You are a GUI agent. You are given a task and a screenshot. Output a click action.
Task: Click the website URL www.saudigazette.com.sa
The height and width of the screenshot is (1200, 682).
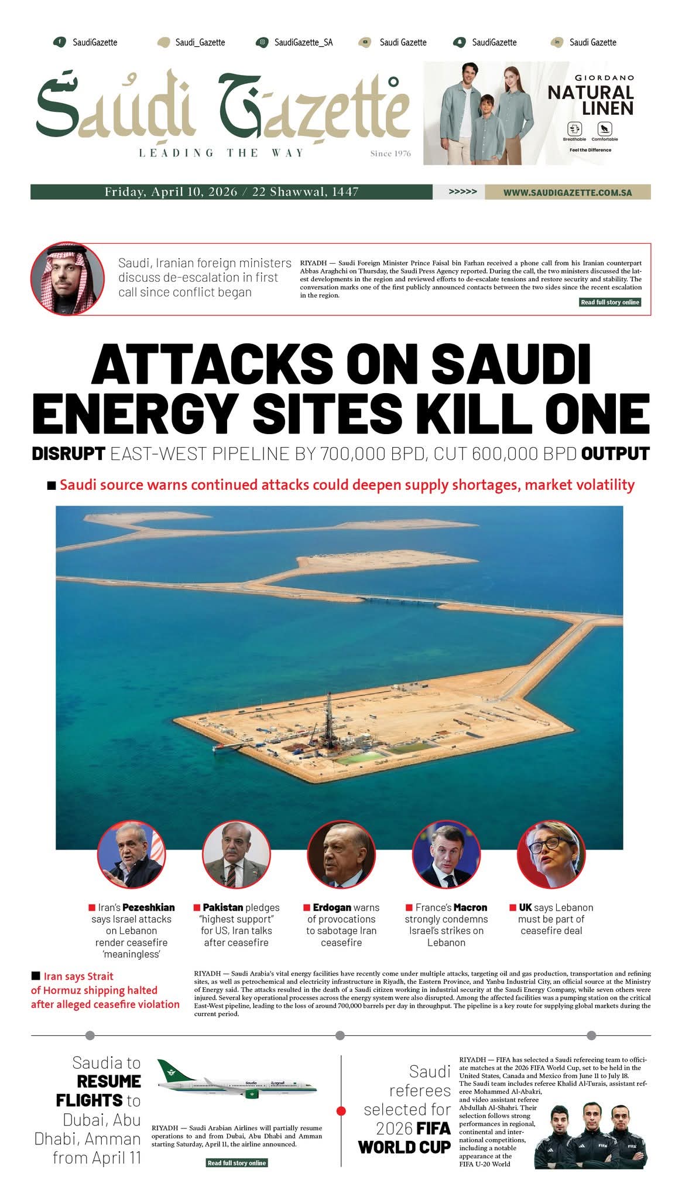[567, 192]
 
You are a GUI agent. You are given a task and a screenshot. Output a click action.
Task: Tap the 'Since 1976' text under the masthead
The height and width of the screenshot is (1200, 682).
[390, 154]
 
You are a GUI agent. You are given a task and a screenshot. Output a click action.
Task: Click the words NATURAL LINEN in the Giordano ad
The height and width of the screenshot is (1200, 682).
[590, 100]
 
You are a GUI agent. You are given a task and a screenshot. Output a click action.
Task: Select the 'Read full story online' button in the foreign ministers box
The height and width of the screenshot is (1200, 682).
[610, 302]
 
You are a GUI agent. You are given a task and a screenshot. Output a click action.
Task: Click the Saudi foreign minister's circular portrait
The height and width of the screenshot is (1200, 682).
[67, 278]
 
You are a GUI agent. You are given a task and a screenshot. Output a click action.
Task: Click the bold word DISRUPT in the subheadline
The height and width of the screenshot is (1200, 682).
[68, 454]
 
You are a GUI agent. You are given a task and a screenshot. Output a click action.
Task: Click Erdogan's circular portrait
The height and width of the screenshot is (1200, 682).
[341, 854]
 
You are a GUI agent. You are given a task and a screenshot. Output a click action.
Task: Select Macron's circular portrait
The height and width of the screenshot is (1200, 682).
[446, 854]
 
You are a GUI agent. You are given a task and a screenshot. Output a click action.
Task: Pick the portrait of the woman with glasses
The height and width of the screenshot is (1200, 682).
[551, 854]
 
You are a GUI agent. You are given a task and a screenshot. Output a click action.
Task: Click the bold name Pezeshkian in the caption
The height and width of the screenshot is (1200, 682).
[148, 907]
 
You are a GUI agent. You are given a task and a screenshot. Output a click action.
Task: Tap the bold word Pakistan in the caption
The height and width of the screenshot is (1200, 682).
[223, 907]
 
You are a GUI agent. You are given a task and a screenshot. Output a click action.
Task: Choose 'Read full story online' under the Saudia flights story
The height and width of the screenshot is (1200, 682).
[237, 1162]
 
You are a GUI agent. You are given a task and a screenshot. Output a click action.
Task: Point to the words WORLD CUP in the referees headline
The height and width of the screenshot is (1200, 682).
[404, 1147]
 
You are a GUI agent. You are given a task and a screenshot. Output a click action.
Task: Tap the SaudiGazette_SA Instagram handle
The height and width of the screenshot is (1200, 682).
[303, 42]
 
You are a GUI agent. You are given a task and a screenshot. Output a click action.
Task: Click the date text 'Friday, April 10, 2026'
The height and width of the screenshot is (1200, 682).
[171, 192]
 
